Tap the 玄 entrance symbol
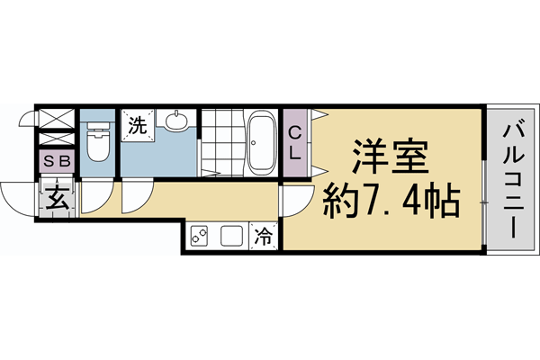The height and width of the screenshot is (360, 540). [56, 197]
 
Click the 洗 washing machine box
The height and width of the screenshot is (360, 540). [137, 125]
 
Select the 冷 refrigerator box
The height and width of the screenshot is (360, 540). [265, 236]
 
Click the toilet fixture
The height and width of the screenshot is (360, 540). [97, 139]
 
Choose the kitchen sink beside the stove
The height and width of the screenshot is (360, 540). [231, 237]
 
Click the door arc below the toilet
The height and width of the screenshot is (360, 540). [95, 200]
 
